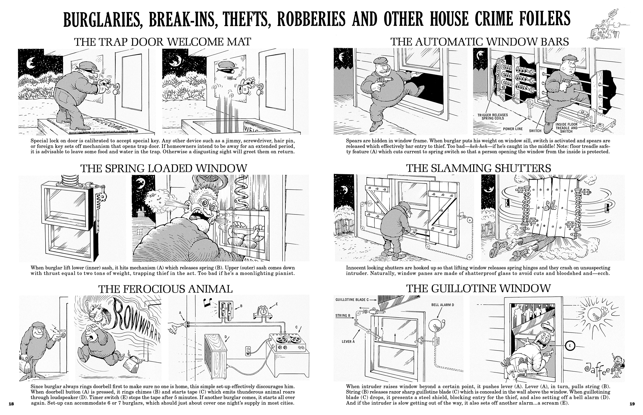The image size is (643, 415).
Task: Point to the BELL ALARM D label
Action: click(442, 305)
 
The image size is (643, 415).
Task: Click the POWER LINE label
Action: click(513, 129)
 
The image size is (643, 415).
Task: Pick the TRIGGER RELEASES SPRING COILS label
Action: click(493, 116)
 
